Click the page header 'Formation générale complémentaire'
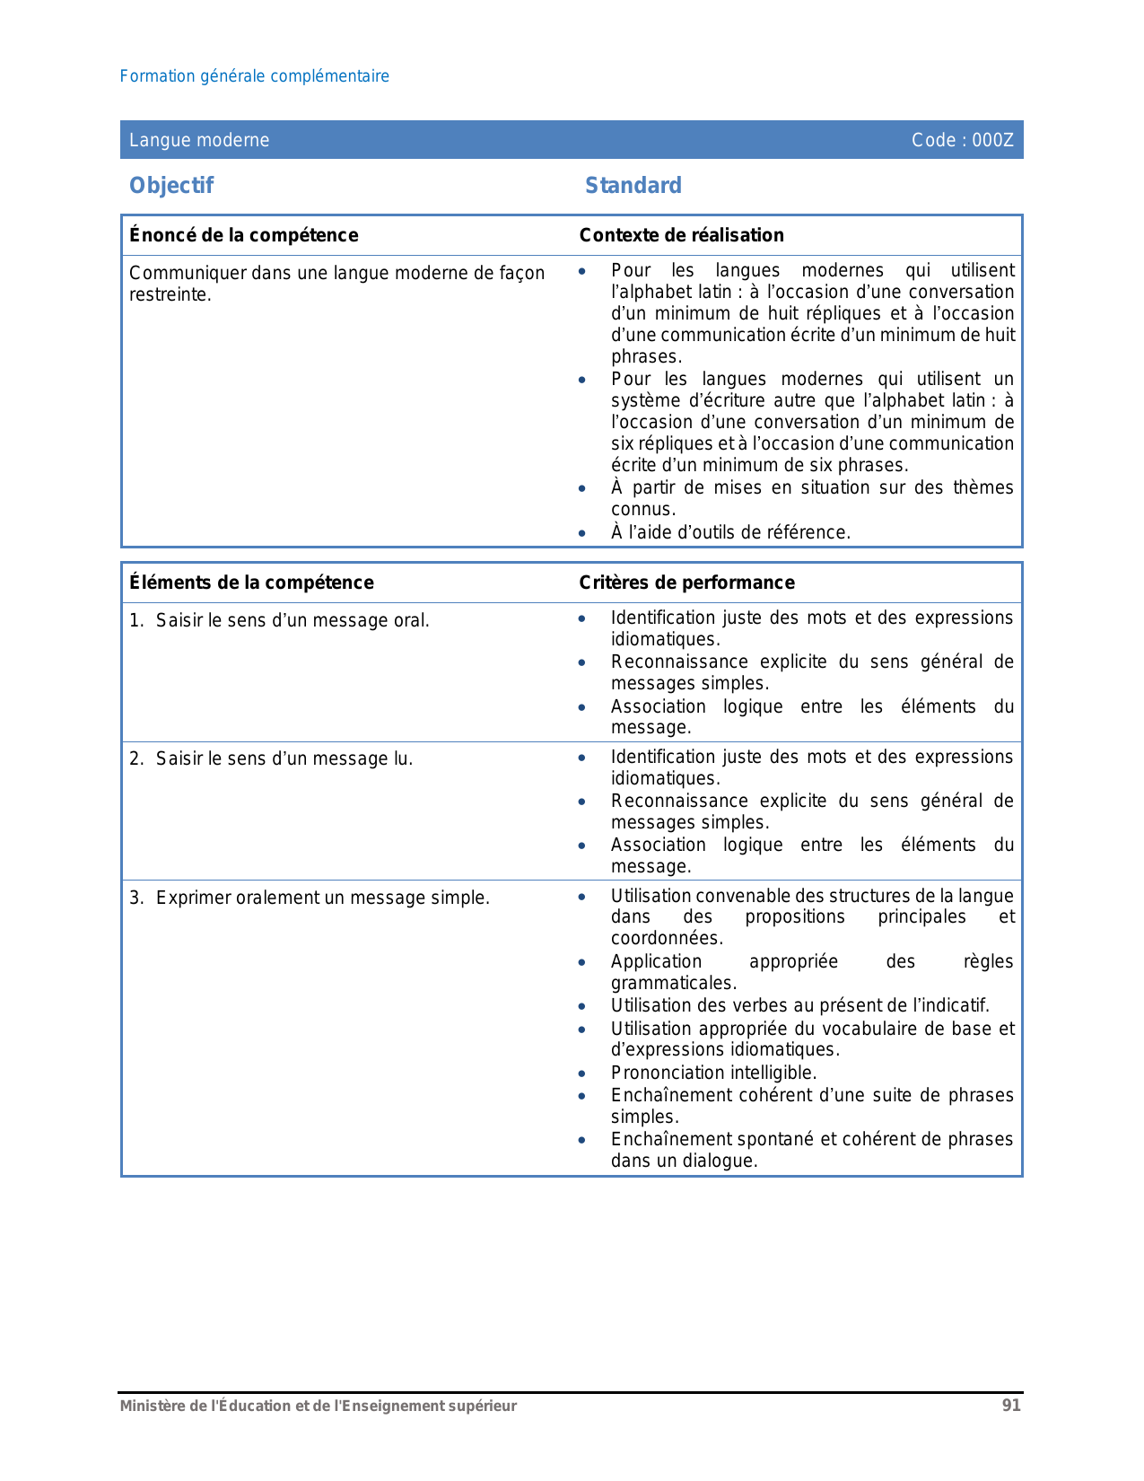(x=255, y=76)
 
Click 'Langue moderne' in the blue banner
(x=199, y=140)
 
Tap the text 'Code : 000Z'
(x=962, y=140)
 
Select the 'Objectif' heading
(x=171, y=186)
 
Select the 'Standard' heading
(x=633, y=186)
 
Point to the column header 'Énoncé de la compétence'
(x=243, y=235)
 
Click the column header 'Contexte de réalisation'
(x=681, y=235)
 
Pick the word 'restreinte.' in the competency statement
(x=170, y=295)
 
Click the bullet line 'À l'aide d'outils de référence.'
(x=730, y=532)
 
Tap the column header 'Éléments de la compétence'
(x=251, y=583)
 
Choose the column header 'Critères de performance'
(x=686, y=583)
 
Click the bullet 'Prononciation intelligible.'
(x=713, y=1073)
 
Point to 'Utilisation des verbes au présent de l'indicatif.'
(x=800, y=1005)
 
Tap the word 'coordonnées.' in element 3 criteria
(x=667, y=938)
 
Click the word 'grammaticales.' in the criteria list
(x=674, y=983)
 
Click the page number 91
(x=1011, y=1406)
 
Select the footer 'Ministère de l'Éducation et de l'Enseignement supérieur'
(x=319, y=1406)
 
